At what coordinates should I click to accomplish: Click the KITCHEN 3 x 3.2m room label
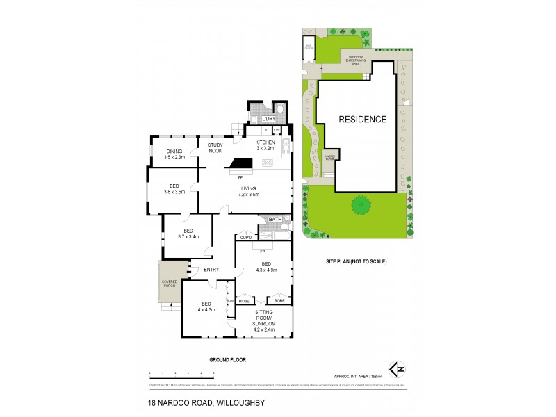click(265, 145)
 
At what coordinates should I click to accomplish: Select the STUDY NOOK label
click(215, 147)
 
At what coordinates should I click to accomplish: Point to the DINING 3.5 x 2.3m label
click(174, 154)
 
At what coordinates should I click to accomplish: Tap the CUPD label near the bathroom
click(246, 238)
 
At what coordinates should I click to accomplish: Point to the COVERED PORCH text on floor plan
click(170, 284)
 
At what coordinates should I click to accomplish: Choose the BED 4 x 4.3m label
click(206, 306)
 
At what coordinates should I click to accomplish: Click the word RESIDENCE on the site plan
click(362, 120)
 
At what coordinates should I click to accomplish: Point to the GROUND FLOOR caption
click(228, 360)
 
